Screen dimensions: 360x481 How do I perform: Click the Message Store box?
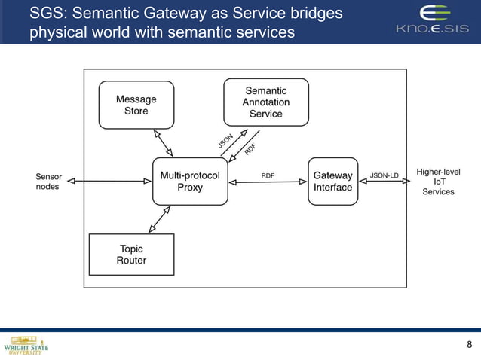click(x=136, y=105)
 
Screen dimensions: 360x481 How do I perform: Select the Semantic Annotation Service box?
click(x=265, y=102)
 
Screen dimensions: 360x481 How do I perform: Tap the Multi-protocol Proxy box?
click(x=190, y=182)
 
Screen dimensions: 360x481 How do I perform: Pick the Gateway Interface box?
click(x=332, y=182)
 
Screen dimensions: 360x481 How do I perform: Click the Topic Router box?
click(x=131, y=255)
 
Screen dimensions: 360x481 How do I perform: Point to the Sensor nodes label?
click(x=48, y=182)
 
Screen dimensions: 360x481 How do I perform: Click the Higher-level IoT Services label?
click(x=438, y=182)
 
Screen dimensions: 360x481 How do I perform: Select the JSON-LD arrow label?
click(x=384, y=175)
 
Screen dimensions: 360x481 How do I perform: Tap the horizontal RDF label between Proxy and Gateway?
click(x=268, y=175)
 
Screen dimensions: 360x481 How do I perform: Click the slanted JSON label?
click(x=225, y=139)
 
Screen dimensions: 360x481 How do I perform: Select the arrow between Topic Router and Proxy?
click(x=159, y=219)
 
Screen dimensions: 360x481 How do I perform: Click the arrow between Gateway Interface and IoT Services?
click(x=384, y=182)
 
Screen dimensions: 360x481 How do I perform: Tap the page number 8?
click(x=470, y=345)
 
